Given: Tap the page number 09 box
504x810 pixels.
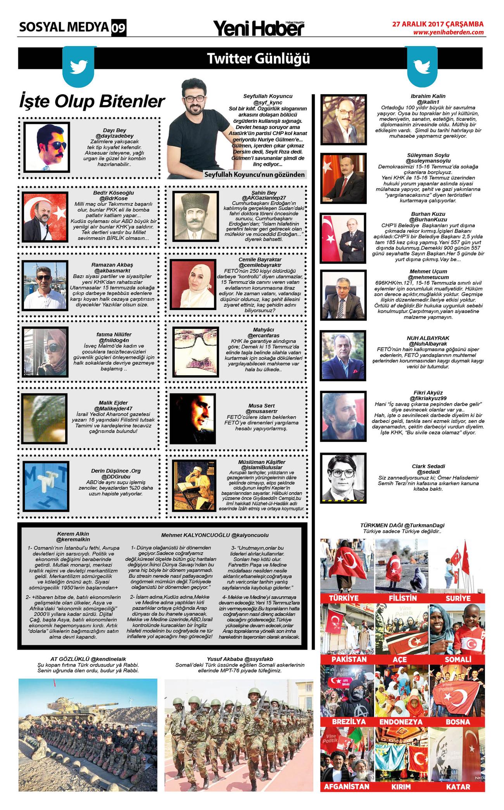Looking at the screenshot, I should click(119, 28).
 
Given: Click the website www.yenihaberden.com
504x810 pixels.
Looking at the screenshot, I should click(448, 32).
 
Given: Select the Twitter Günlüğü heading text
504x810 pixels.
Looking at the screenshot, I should click(258, 59).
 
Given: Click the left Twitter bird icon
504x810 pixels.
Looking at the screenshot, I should click(79, 67).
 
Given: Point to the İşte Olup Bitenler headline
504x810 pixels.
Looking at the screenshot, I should click(92, 102).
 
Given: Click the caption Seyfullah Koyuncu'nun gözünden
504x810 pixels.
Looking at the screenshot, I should click(254, 175).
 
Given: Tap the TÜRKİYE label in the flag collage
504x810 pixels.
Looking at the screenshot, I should click(344, 598).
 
